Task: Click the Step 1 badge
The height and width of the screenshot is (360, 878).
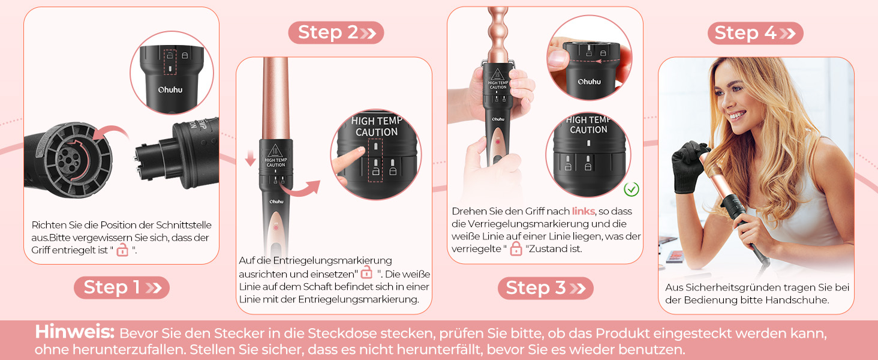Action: pos(122,287)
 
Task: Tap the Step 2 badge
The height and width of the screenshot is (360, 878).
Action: pos(336,32)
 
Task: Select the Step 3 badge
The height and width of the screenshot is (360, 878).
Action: pos(545,288)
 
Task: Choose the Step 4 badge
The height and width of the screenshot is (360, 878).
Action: pos(755,33)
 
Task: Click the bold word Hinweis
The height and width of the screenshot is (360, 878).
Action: pos(74,332)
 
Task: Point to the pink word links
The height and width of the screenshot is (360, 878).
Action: pos(584,211)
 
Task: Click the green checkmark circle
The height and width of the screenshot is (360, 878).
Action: pos(631,189)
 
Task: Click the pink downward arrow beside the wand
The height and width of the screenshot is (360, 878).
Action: pos(250,157)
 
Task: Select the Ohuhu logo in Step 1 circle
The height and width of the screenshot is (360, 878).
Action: pos(170,90)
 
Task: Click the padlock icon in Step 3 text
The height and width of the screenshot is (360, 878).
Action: pos(516,248)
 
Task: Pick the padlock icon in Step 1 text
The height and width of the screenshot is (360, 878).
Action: pos(123,250)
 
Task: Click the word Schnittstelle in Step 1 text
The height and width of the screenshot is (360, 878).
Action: pos(184,225)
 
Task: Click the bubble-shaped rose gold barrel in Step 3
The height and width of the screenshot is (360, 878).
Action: pos(498,35)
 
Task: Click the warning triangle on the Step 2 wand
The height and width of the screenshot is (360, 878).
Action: pos(275,151)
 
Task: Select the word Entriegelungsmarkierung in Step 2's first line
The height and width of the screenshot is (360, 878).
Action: pos(333,260)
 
